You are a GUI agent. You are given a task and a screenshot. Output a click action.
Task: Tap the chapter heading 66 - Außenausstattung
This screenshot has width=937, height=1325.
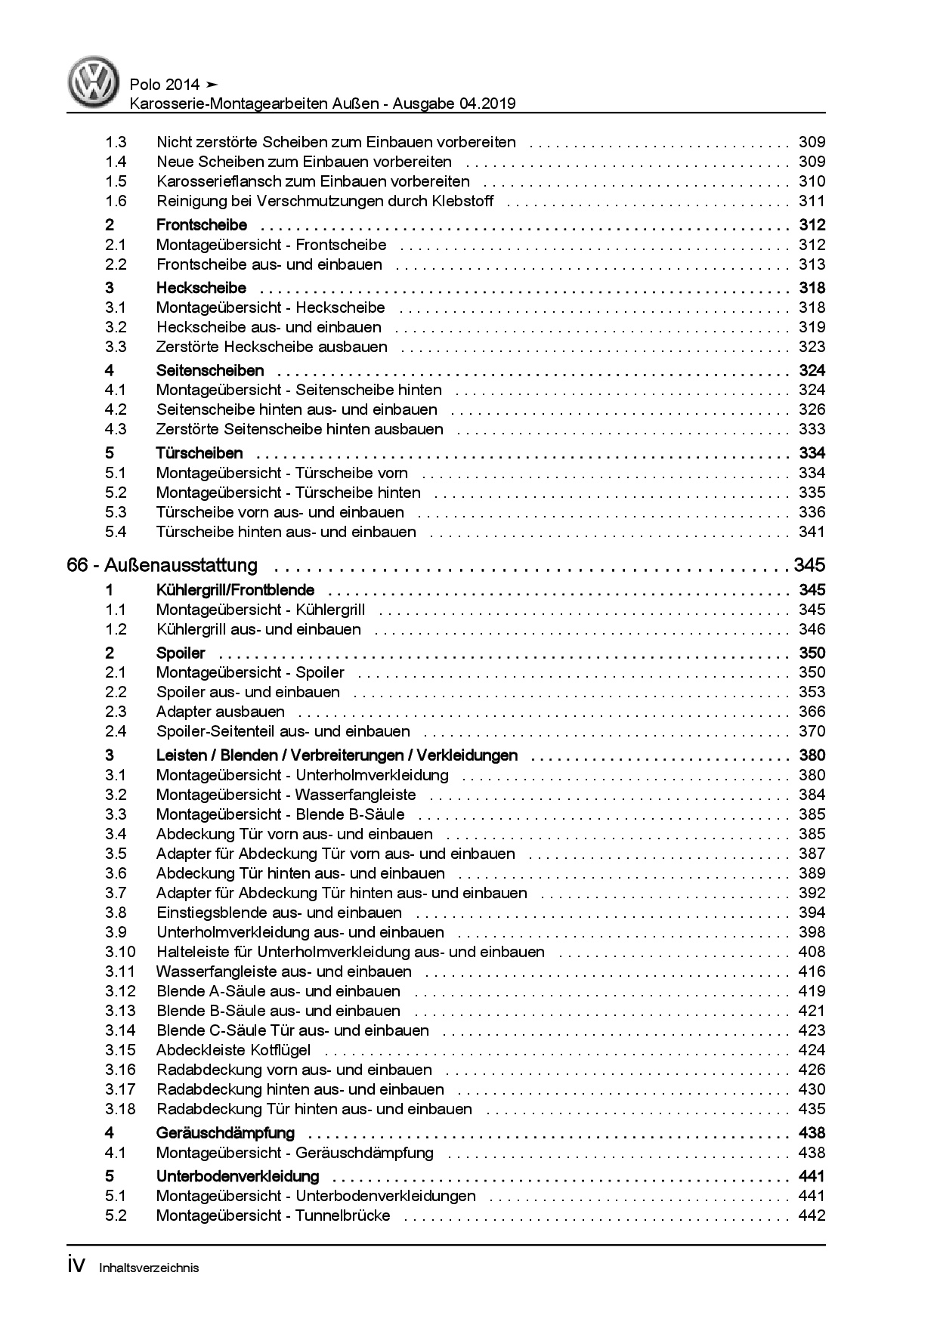click(162, 565)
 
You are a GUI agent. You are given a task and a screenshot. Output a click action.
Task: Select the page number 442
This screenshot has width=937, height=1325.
click(812, 1215)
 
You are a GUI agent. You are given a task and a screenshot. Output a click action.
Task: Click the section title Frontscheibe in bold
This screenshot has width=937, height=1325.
click(202, 225)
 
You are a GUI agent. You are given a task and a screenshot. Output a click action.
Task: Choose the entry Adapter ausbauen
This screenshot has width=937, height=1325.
click(221, 712)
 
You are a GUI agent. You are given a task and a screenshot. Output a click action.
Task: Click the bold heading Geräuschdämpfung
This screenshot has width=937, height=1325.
click(225, 1133)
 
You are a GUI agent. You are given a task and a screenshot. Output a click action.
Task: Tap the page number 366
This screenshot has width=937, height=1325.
click(812, 712)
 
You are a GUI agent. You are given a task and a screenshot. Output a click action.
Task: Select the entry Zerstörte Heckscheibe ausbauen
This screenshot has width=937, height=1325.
click(272, 347)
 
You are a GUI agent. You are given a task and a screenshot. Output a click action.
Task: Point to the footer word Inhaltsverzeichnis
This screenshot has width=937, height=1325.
click(149, 1268)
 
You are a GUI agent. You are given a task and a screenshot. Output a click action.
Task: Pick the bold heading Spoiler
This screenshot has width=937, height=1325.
click(181, 653)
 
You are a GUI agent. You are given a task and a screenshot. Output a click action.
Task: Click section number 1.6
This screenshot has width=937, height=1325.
click(116, 201)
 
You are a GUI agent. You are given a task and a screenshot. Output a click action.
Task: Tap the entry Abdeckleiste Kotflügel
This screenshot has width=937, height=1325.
click(233, 1050)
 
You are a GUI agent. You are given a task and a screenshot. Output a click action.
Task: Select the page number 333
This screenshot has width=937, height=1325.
click(812, 429)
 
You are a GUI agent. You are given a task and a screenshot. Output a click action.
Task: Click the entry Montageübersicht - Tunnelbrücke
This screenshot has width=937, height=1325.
click(274, 1215)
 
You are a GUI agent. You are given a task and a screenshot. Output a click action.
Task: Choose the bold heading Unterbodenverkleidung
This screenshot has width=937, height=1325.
click(237, 1176)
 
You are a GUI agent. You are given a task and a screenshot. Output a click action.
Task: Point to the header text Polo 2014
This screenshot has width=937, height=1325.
click(165, 85)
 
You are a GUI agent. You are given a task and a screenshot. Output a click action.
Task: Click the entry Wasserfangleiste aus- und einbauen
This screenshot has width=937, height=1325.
click(284, 971)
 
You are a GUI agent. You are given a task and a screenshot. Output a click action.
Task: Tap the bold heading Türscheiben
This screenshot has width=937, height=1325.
click(199, 453)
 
